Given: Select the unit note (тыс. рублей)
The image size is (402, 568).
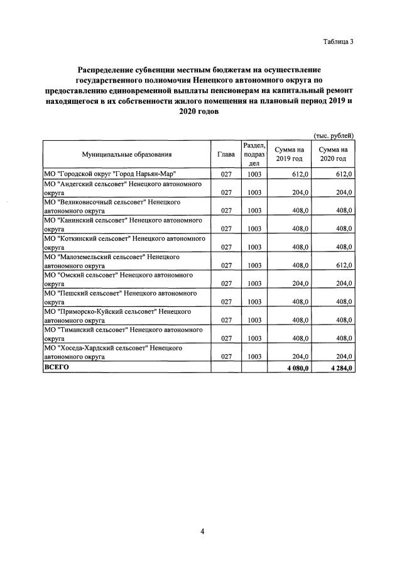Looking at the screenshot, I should click(x=334, y=135).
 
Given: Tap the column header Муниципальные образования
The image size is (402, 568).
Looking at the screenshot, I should click(x=126, y=154).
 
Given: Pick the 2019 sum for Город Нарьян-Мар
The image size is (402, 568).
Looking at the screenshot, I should click(x=298, y=174).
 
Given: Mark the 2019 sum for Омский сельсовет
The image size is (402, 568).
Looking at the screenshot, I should click(x=298, y=284).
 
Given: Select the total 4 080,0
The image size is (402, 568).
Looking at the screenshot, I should click(x=296, y=367).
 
